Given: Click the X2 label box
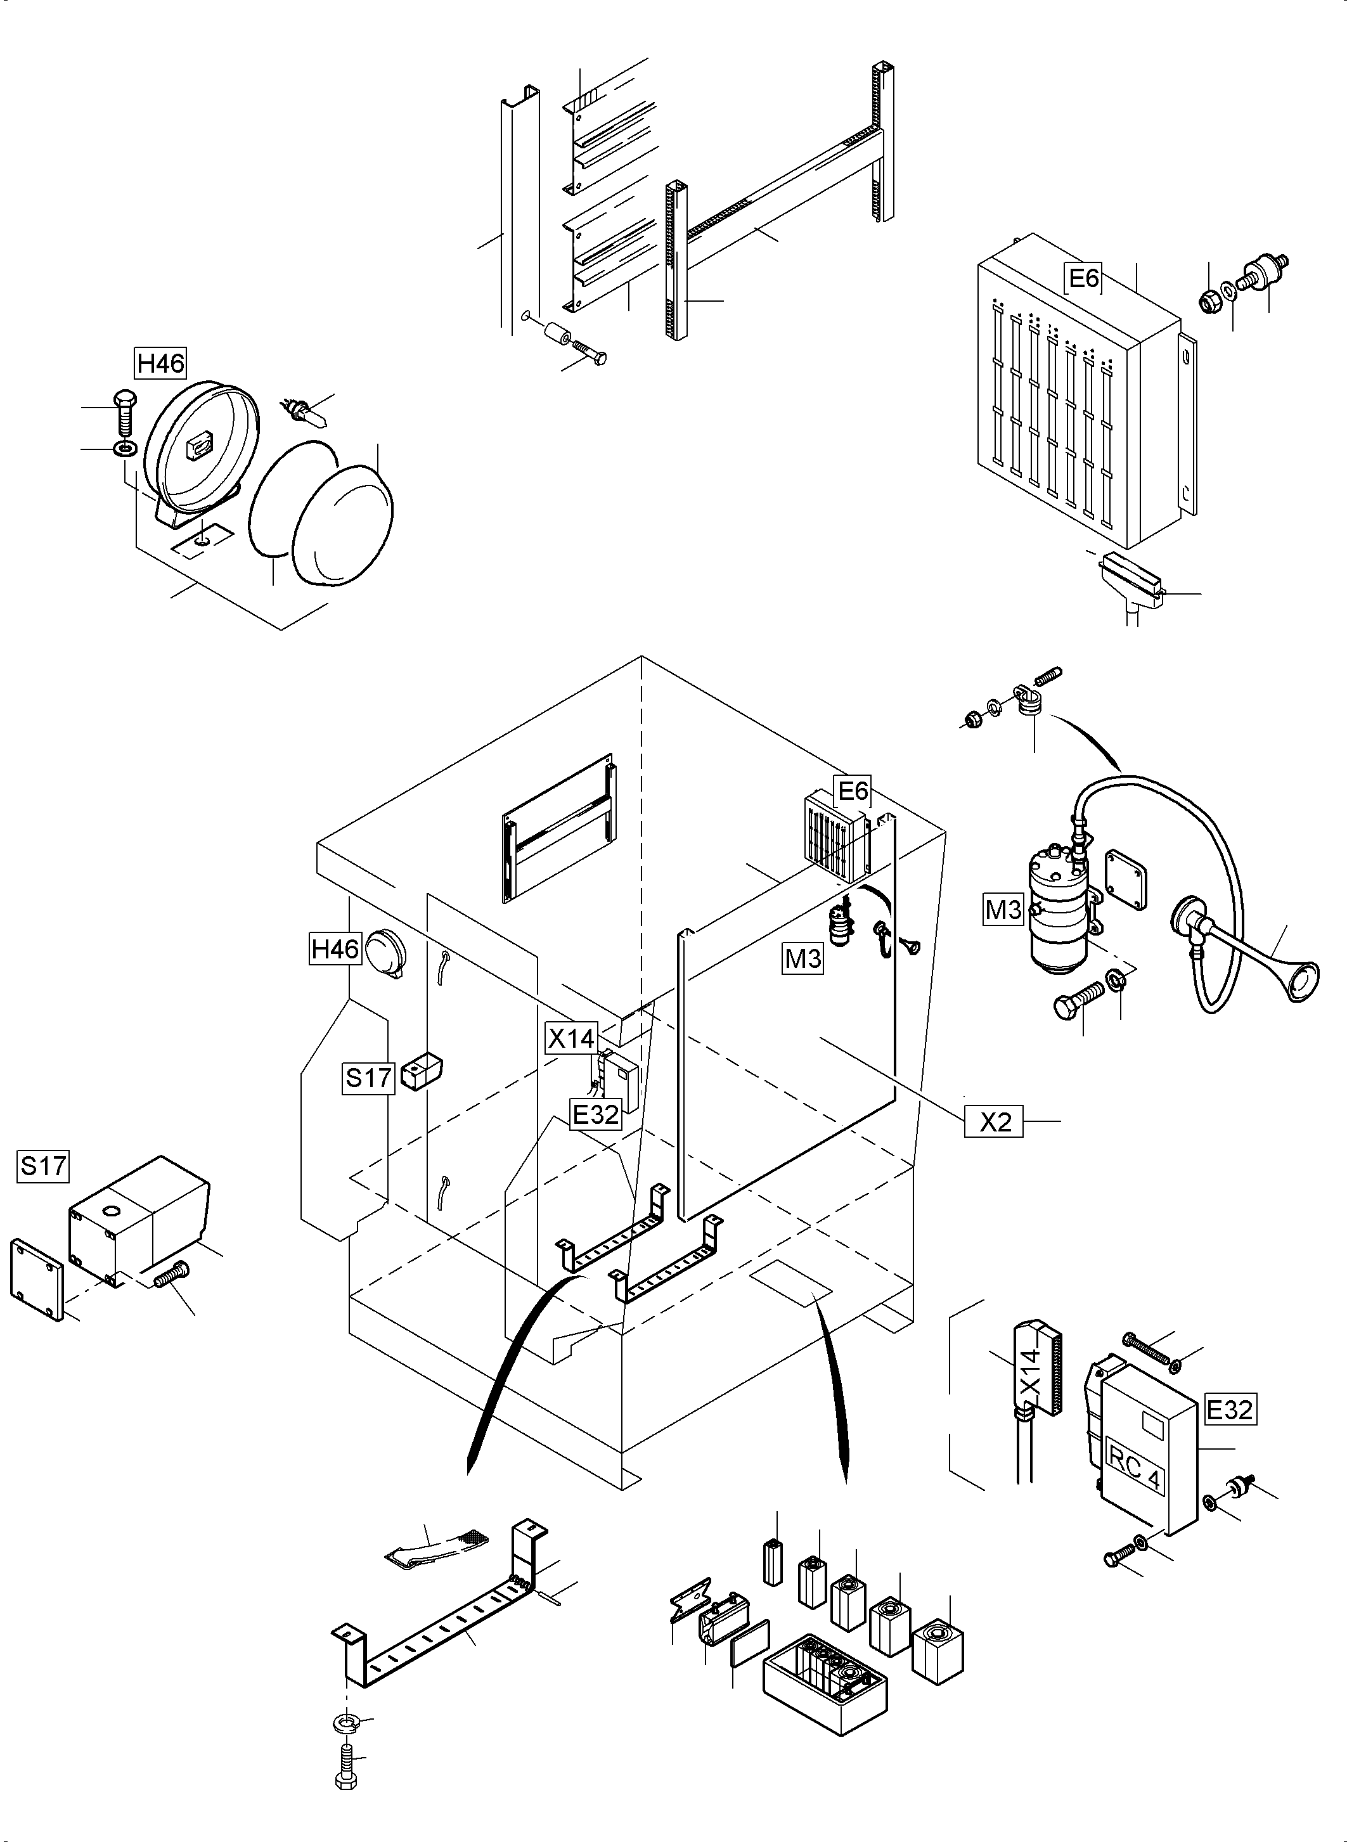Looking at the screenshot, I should pos(995,1122).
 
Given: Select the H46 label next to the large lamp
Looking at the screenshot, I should pos(160,362).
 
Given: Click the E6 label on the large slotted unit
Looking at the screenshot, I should pos(1084,278).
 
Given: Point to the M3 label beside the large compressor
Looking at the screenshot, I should pos(1003,909).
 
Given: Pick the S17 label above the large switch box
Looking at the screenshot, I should pos(43,1167).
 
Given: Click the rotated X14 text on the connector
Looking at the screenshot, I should pos(1031,1372).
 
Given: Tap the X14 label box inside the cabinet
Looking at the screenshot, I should pos(572,1039).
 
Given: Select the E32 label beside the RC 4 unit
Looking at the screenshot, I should pos(1230,1410).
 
